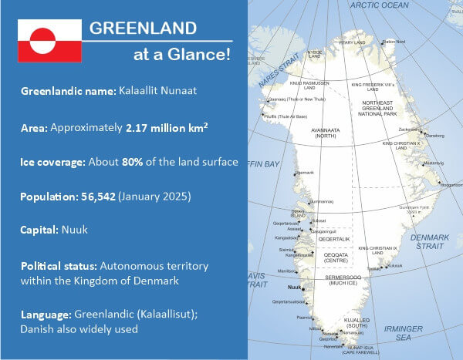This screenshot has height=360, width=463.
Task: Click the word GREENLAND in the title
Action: [142, 29]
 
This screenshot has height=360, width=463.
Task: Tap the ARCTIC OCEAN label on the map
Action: [378, 5]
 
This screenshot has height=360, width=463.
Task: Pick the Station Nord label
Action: [393, 42]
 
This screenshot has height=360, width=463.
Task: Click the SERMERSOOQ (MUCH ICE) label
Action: [325, 280]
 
